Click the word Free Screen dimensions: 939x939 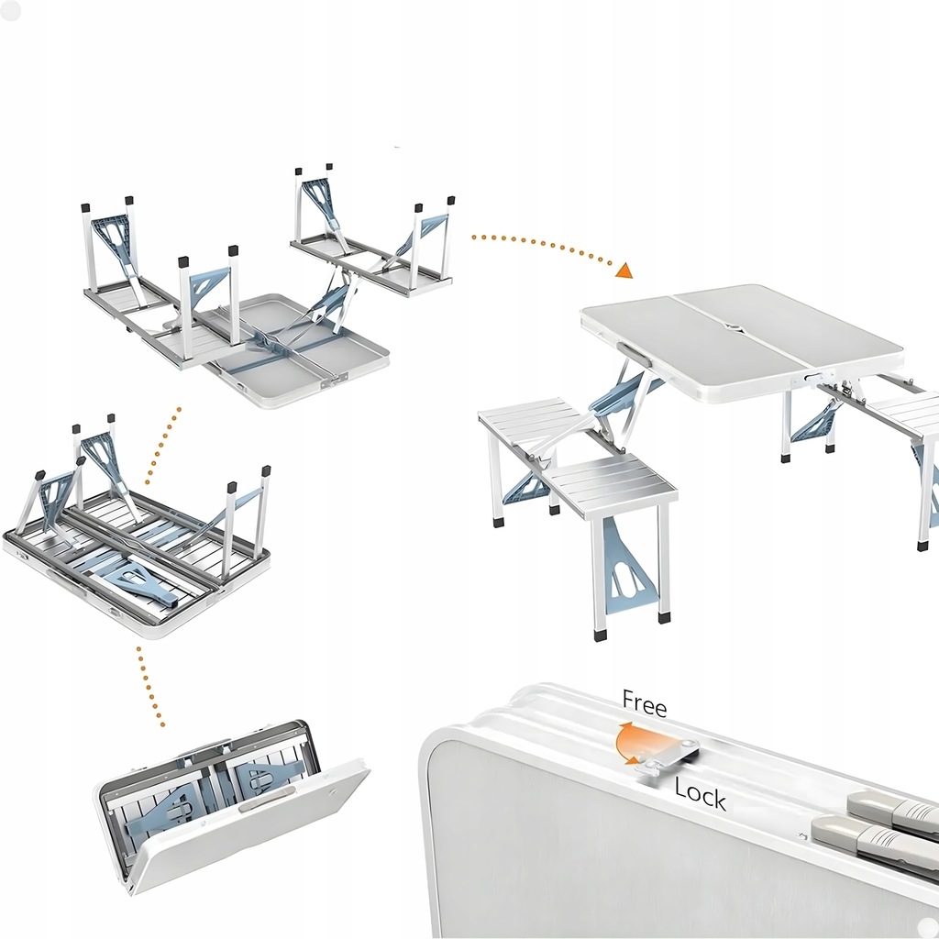tap(645, 703)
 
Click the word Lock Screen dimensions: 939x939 tap(700, 794)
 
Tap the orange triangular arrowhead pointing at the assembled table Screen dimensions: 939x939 tap(624, 271)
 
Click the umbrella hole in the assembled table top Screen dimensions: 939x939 tap(731, 327)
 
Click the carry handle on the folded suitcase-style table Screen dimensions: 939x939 tap(267, 800)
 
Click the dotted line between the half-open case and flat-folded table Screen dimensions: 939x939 tap(149, 687)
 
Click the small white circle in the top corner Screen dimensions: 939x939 tap(10, 10)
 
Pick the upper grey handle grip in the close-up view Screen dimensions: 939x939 tap(893, 806)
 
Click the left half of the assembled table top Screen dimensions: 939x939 tap(692, 336)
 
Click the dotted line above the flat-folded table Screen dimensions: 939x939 tap(162, 446)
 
